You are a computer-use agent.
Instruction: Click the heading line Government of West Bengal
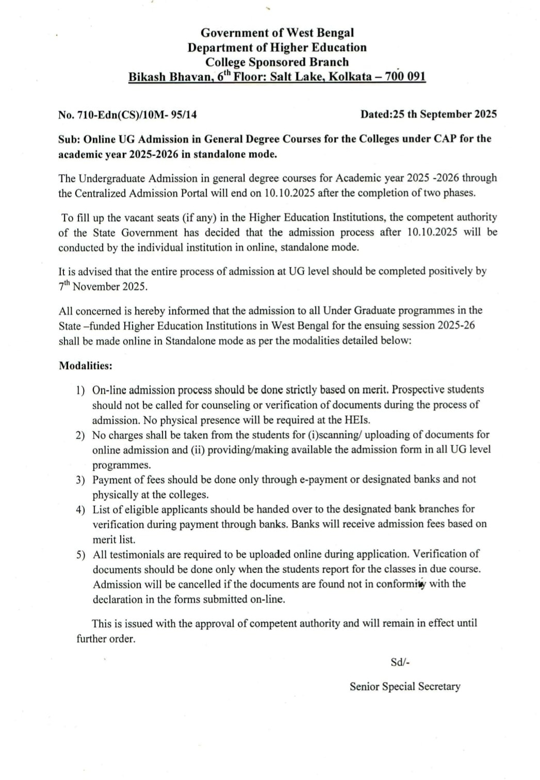point(277,32)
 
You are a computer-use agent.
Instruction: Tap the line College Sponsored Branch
point(277,62)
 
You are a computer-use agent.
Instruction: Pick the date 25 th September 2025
point(445,114)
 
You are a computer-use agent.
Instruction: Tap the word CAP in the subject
point(443,139)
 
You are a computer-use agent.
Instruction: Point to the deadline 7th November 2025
point(103,287)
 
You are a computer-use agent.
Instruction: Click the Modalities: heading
point(85,366)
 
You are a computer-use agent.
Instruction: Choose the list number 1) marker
point(80,390)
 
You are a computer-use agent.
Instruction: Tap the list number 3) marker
point(80,480)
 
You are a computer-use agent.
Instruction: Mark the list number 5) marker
point(80,555)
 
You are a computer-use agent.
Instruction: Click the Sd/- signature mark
point(400,662)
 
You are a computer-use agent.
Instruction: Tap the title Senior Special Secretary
point(405,687)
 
